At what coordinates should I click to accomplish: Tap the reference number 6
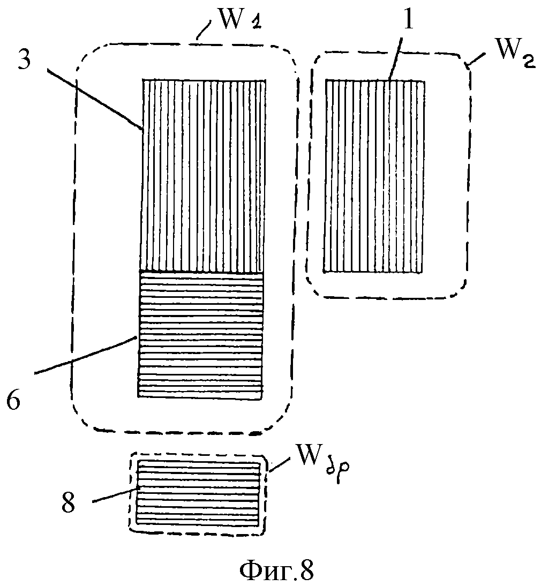point(14,400)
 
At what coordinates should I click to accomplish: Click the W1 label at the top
point(238,22)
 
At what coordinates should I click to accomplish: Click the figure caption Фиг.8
point(276,571)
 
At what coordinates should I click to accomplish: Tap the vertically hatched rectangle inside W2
point(374,176)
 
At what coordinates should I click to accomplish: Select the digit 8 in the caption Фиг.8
point(305,571)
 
